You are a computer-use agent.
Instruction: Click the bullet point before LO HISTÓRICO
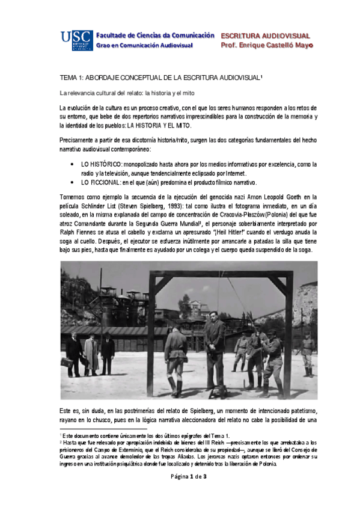point(73,164)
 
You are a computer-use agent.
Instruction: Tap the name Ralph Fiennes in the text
point(81,232)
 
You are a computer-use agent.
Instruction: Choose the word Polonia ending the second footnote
point(265,464)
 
